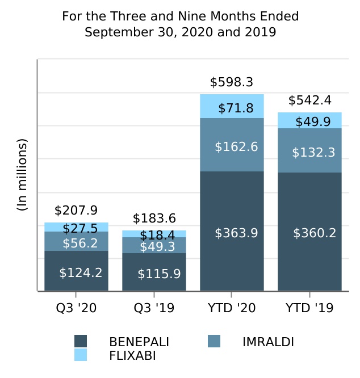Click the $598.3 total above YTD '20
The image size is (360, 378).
232,82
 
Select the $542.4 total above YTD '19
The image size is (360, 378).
310,100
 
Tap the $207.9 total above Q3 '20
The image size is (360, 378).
76,211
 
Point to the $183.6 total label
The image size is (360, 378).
154,219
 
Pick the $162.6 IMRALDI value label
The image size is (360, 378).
236,147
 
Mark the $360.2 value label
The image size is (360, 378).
315,233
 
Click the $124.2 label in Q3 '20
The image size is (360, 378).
81,272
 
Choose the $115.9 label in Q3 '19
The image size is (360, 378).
159,274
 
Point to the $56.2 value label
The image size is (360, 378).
81,243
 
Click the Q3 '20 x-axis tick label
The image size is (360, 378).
76,308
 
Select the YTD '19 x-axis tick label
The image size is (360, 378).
309,308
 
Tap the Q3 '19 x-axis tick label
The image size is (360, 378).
154,308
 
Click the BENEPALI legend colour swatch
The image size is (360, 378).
81,341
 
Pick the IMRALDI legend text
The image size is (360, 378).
268,342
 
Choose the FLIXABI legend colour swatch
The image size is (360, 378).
81,355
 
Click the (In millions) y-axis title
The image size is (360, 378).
22,175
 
